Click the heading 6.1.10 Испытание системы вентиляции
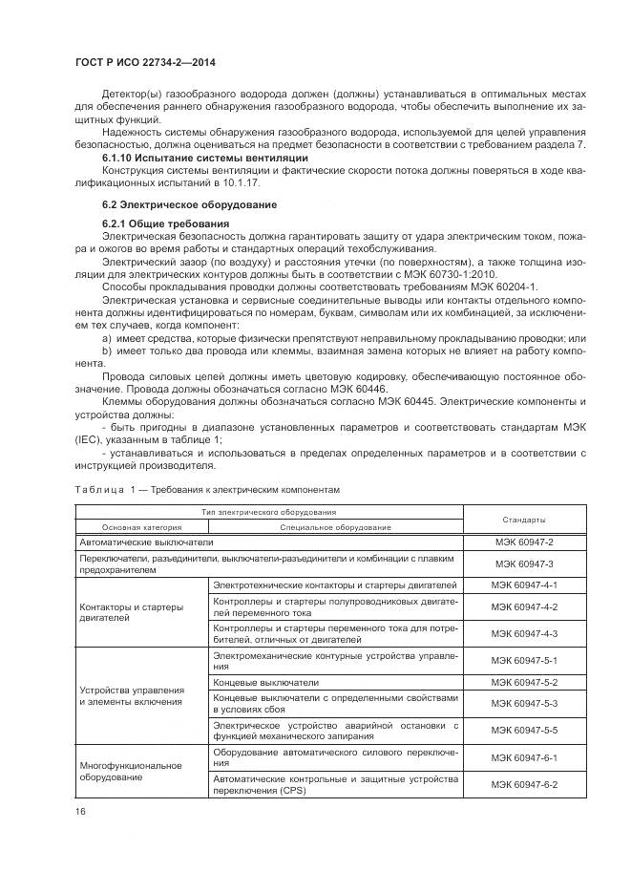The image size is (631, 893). [x=204, y=157]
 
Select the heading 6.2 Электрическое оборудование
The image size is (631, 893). [x=188, y=205]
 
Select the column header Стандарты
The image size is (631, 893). [x=523, y=520]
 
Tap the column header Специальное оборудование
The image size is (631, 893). [x=335, y=527]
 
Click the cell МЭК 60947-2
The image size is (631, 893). [x=523, y=542]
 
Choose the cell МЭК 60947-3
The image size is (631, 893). [x=523, y=563]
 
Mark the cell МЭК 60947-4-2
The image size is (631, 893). [x=523, y=607]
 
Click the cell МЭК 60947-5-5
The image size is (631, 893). [x=523, y=730]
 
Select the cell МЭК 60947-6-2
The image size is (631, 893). [x=523, y=784]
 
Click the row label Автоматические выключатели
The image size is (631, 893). [x=140, y=542]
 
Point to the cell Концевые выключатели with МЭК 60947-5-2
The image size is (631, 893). [x=266, y=683]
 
